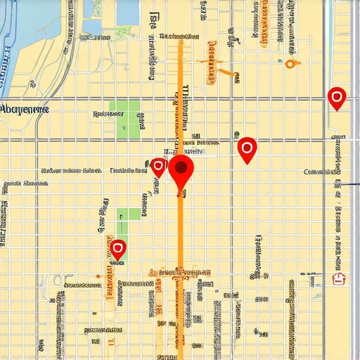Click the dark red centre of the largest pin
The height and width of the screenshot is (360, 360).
181,167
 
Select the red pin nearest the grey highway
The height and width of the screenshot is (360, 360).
337,98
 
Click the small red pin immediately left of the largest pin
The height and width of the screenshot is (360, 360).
158,167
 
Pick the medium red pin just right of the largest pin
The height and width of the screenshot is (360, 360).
247,148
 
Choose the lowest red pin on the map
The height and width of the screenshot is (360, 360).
118,248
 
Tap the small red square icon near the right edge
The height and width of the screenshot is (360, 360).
340,279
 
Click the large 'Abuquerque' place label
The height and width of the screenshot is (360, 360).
25,109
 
